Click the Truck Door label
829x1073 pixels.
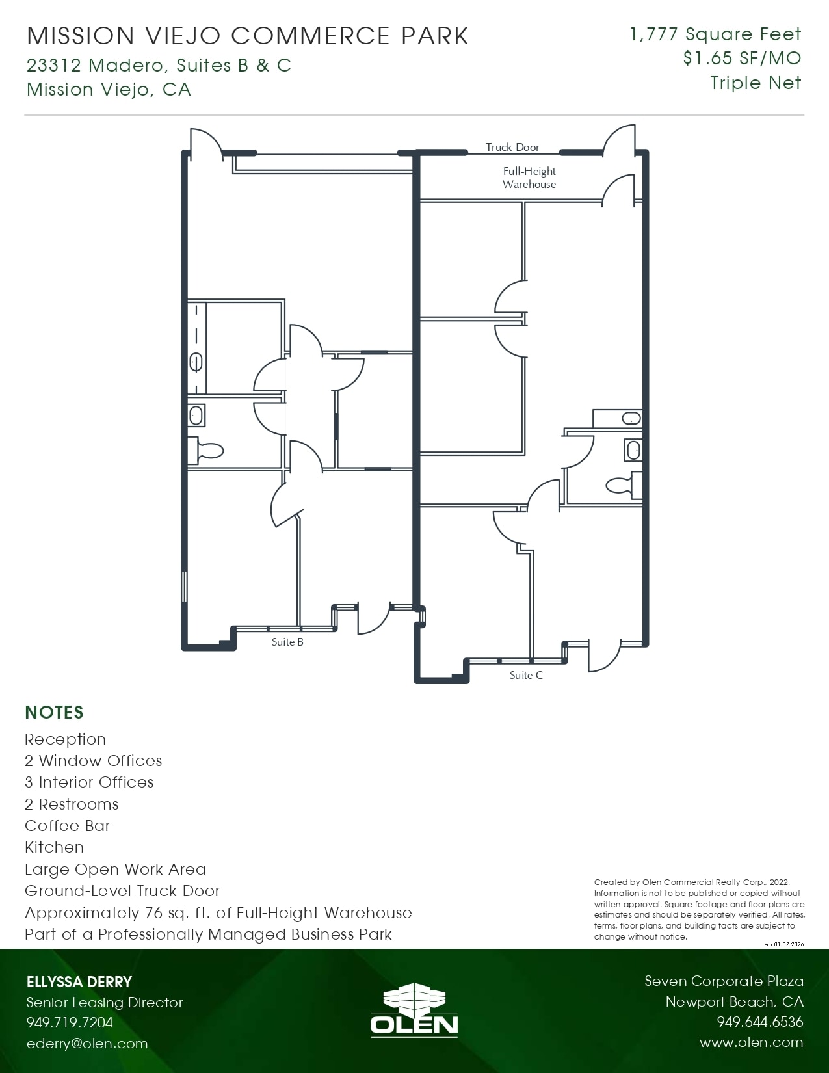512,147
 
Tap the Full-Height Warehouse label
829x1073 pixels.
529,178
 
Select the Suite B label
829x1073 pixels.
287,642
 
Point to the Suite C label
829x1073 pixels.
526,675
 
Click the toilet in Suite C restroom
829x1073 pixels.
624,485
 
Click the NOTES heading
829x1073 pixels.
55,713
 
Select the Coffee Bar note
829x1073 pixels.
67,826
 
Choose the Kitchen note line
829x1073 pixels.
55,847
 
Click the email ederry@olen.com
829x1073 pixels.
87,1043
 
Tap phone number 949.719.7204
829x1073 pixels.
70,1022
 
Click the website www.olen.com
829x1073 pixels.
752,1042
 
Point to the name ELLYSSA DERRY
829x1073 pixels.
79,982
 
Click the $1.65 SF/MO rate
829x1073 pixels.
742,59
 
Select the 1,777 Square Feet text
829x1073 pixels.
715,34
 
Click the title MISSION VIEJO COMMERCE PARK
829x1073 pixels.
247,36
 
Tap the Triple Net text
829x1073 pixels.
756,83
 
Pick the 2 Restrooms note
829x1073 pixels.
72,804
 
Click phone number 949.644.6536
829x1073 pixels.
760,1022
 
